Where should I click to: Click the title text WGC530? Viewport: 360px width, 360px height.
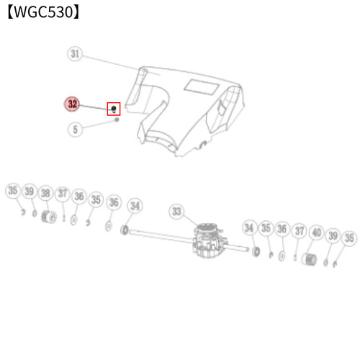[43, 12]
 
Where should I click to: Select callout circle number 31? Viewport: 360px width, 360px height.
[75, 53]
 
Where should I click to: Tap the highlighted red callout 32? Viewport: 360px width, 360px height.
[72, 104]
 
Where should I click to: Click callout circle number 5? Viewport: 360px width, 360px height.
[75, 130]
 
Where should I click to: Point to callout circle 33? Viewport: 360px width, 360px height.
[176, 212]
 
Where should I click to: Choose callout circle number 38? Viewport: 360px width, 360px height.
[45, 193]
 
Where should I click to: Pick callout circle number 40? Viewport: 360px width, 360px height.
[317, 233]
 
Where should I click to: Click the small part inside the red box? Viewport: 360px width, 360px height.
[114, 109]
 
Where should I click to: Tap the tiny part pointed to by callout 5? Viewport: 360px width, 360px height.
[117, 120]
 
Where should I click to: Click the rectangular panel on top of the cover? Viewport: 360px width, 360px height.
[201, 87]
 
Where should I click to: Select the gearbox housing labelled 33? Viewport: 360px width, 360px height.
[208, 240]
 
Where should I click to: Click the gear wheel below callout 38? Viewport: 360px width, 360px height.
[49, 217]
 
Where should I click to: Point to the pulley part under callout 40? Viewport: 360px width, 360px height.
[309, 259]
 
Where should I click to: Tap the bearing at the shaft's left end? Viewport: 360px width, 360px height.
[125, 230]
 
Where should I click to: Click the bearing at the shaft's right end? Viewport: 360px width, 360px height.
[256, 251]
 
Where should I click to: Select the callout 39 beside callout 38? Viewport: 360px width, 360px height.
[30, 192]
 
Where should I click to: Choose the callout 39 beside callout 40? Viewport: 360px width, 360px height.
[333, 235]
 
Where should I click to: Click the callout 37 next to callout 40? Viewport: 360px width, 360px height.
[300, 231]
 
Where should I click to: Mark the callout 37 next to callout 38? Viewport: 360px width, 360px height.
[63, 193]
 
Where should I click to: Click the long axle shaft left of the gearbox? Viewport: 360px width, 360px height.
[161, 235]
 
